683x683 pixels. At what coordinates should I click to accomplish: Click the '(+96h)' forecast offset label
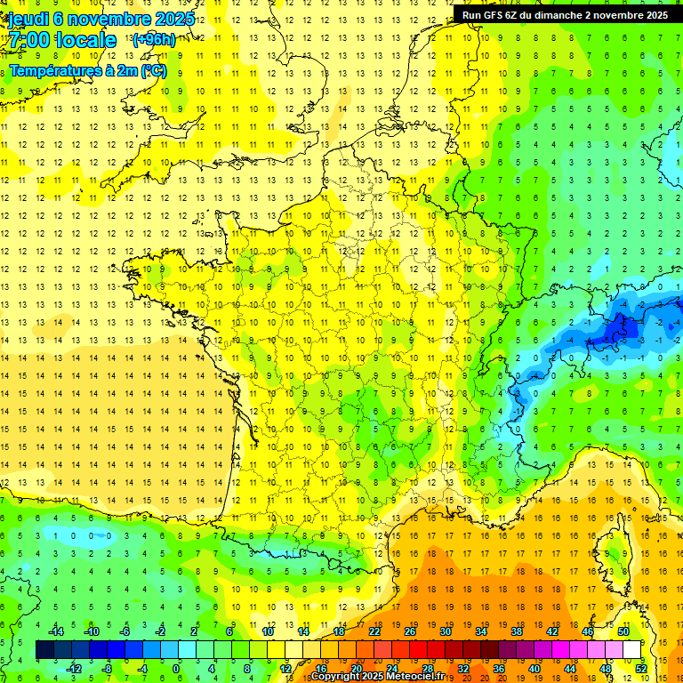pyautogui.click(x=153, y=39)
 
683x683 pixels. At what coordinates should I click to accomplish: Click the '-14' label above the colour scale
pyautogui.click(x=55, y=631)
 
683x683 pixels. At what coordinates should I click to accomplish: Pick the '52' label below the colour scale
pyautogui.click(x=640, y=669)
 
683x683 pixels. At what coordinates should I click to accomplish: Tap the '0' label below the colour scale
pyautogui.click(x=176, y=669)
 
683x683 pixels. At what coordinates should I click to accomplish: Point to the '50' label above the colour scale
pyautogui.click(x=623, y=631)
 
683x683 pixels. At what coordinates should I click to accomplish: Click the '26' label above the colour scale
pyautogui.click(x=410, y=631)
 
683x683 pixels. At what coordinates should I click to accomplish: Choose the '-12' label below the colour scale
pyautogui.click(x=74, y=669)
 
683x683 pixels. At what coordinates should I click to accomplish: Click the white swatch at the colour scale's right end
pyautogui.click(x=632, y=650)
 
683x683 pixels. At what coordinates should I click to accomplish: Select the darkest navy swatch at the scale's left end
pyautogui.click(x=44, y=650)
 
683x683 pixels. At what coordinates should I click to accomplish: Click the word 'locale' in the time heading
pyautogui.click(x=85, y=40)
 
